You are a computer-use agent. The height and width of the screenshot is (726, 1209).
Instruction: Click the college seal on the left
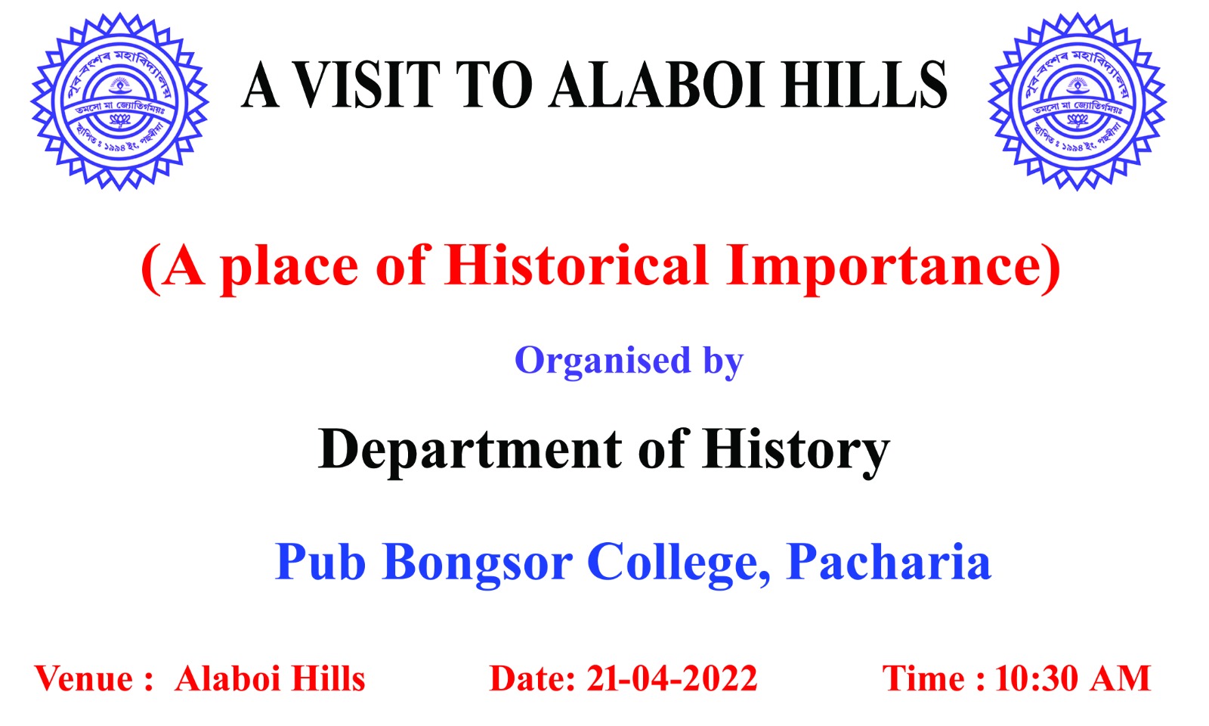(x=119, y=101)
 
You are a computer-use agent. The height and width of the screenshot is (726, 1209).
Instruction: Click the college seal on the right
(x=1077, y=101)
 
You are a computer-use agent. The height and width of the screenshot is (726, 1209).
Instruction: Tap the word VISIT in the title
(x=367, y=85)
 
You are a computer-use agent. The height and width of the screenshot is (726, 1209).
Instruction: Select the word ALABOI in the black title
(x=658, y=85)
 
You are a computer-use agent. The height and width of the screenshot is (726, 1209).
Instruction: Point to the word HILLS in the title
(x=864, y=85)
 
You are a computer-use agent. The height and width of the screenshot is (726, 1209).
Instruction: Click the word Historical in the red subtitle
(x=577, y=266)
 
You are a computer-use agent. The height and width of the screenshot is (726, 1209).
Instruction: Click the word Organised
(x=602, y=361)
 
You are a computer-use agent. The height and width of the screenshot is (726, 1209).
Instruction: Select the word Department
(x=469, y=451)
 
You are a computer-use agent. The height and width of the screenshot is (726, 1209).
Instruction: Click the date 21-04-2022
(x=672, y=679)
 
